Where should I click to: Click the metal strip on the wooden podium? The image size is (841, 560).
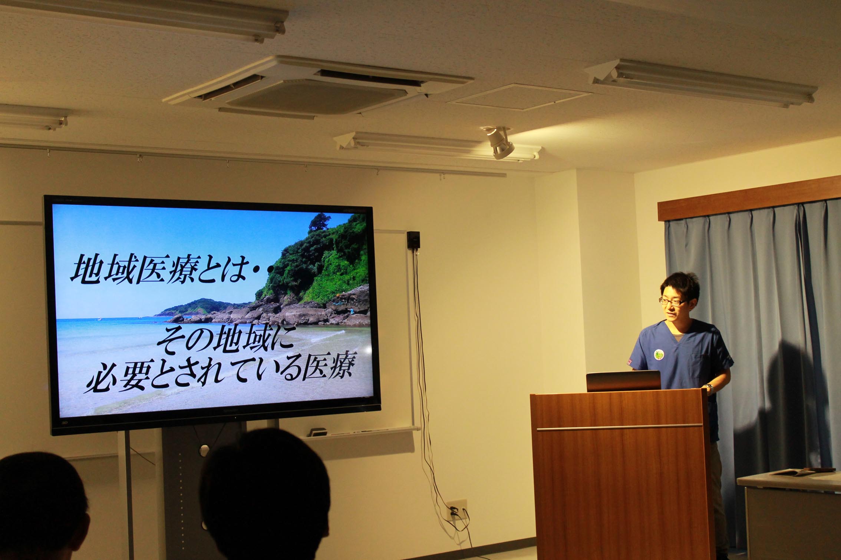(620, 428)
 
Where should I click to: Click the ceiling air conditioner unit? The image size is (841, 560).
(319, 87)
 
